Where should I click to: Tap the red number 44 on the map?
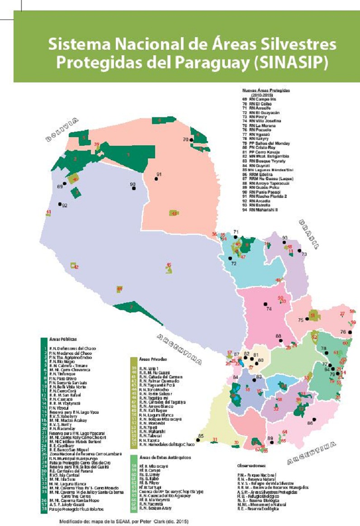[119, 288]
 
